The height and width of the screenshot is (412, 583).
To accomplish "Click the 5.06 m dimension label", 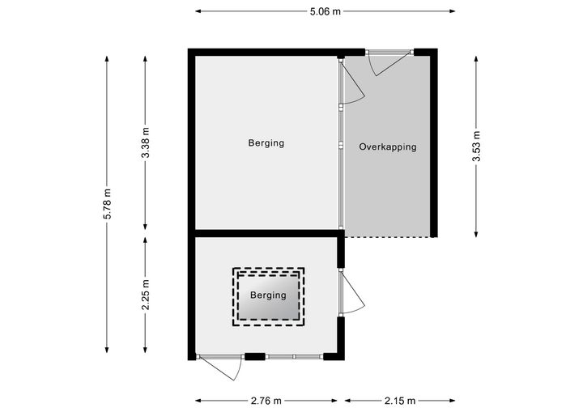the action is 326,11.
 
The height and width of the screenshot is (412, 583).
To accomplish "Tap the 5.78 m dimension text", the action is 107,204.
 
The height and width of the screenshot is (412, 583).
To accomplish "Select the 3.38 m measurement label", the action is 146,142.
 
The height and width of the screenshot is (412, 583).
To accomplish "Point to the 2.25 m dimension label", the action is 146,295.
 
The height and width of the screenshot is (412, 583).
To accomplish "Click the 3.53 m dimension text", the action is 476,147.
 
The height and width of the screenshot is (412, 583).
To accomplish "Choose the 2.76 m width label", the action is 266,401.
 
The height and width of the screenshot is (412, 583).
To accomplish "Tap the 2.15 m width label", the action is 400,401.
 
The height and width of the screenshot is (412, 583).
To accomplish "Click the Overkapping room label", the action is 387,147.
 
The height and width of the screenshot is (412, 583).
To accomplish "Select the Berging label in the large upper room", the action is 266,142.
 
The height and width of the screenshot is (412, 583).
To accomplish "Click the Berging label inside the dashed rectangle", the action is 268,295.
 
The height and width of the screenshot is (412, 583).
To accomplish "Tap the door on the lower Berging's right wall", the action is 352,292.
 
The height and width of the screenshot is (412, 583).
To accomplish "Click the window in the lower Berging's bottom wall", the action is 294,357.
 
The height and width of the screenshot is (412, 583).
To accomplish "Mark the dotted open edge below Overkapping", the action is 387,237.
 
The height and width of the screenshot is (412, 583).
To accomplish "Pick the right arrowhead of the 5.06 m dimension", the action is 453,11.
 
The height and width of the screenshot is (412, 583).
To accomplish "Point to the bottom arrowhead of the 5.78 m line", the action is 107,350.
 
